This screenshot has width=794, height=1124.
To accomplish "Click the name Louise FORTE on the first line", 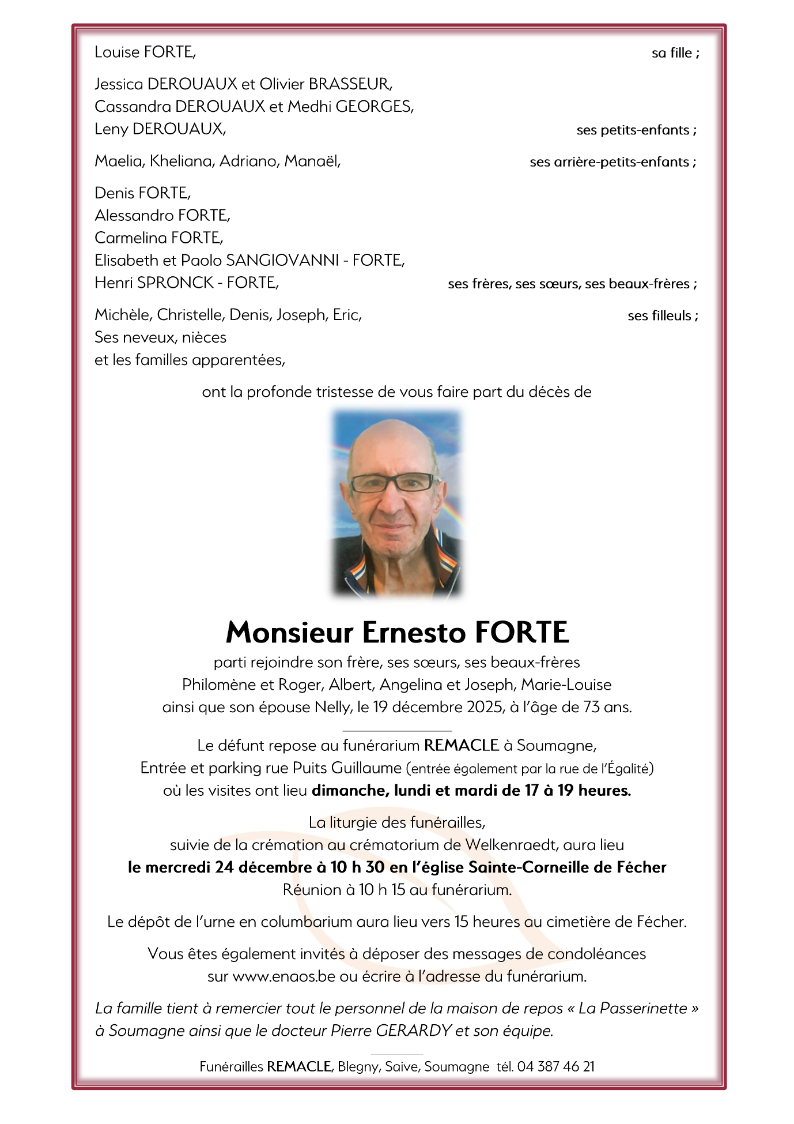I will pos(145,52).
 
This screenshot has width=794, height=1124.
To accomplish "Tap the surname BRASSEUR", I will pos(350,84).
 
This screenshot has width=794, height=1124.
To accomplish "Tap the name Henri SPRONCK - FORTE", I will pos(186,283).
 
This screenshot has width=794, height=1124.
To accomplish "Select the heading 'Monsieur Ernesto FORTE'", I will pos(397,633).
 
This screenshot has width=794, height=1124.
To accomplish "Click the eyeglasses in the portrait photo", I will pos(393,482).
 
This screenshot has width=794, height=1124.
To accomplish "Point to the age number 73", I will pos(592,707).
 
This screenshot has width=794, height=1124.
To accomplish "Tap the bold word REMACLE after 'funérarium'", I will pos(461,746).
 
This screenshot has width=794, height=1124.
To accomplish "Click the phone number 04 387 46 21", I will pos(555,1067).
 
